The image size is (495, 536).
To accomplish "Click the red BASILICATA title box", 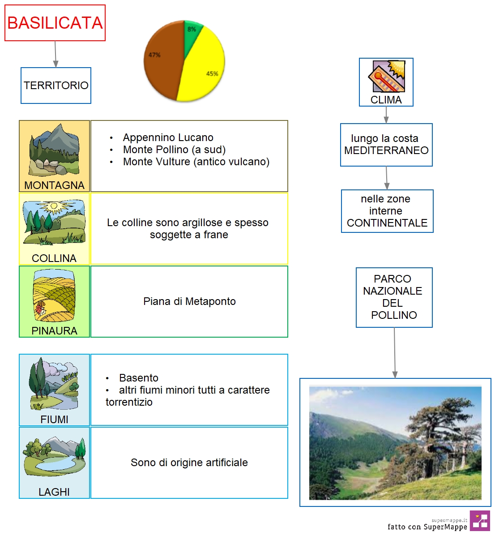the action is point(55,23).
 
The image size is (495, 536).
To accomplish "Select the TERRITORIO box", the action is point(56,86).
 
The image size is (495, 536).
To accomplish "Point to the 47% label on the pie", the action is point(154,55).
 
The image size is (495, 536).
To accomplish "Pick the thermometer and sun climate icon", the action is point(387,76).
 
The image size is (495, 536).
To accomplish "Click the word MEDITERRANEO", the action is point(386,150).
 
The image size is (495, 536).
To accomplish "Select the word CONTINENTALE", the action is point(387,223).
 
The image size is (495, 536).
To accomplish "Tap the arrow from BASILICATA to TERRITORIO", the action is point(55,54).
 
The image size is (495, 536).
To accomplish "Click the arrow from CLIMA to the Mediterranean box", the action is point(386,115).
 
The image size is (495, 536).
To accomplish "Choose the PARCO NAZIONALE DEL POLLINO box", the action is point(394,297).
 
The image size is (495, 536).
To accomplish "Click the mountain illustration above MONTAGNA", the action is point(54,150).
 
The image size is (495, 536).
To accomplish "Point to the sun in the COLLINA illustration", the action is point(54,206).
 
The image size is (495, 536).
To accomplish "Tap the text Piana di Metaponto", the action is point(190,301).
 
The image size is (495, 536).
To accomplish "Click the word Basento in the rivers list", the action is point(139,378).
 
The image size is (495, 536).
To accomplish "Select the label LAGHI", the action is point(54,492).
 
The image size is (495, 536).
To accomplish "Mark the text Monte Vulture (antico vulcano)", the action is point(196,162).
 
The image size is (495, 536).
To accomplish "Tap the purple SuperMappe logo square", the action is point(480,521).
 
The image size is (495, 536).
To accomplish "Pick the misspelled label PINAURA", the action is point(54,331).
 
